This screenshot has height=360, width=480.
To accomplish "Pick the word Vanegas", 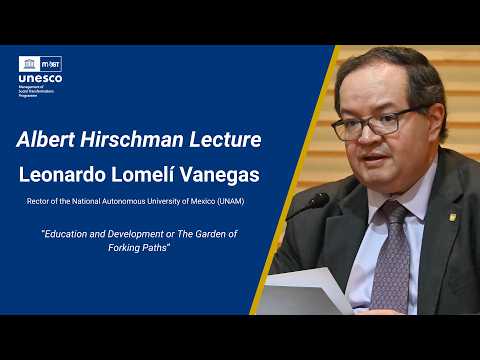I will point(221,175).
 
